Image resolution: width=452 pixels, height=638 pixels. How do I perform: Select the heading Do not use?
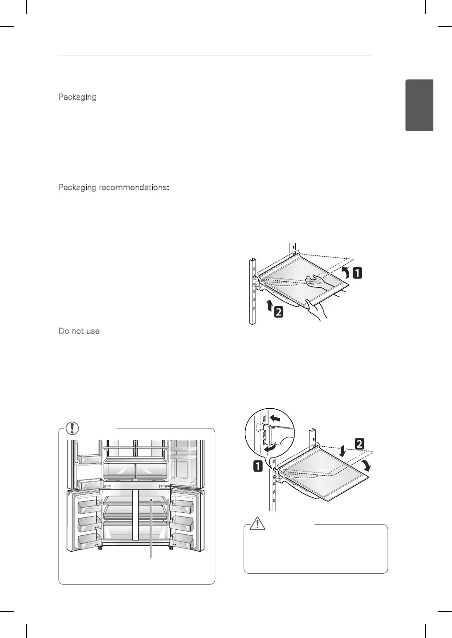pos(79,331)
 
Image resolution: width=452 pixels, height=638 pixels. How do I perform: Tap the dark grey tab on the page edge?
pos(419,105)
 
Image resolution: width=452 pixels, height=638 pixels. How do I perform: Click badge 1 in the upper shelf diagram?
pos(357,272)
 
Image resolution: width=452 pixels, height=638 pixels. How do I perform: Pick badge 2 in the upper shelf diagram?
pos(279,311)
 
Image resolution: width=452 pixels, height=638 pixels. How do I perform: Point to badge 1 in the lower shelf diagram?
pos(258,466)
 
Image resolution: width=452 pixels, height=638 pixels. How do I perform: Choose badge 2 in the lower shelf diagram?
pos(359,443)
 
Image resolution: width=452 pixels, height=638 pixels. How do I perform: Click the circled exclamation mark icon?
pos(72,428)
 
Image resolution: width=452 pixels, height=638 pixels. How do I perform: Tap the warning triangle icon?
pos(257,523)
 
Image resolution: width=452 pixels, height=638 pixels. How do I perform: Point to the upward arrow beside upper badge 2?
pos(269,306)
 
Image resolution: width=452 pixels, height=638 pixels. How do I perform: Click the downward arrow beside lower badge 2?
pos(343,451)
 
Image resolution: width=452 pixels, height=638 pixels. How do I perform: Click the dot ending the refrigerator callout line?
pos(151,501)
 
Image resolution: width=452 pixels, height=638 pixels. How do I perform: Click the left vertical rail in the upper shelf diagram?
pos(252,291)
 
